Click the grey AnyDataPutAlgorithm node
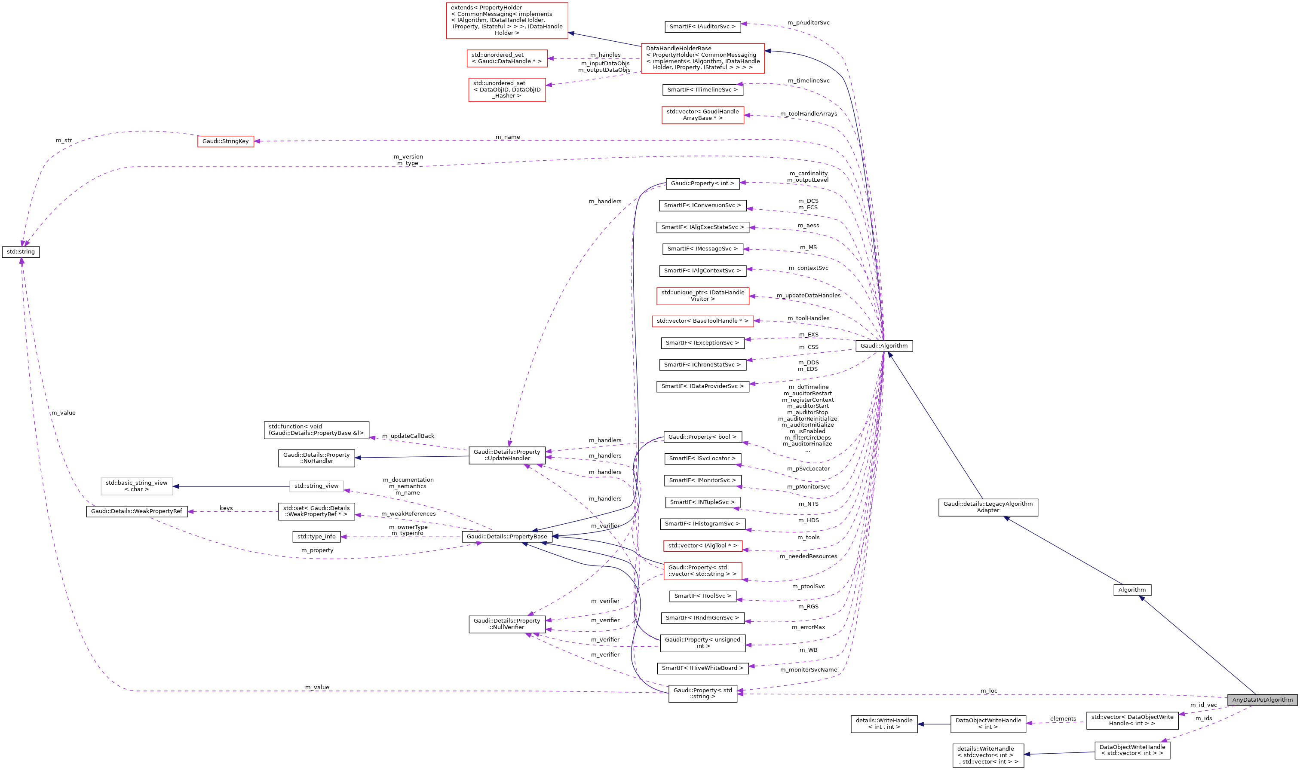tap(1262, 700)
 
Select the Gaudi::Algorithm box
tap(884, 345)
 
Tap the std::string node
tap(21, 252)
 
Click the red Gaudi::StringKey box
tap(225, 141)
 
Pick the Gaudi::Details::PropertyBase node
tap(506, 537)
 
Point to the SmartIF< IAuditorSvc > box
tap(702, 27)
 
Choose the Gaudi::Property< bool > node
tap(702, 437)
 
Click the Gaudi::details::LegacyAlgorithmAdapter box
tap(987, 507)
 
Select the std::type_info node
tap(316, 537)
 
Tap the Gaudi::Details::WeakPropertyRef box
tap(136, 511)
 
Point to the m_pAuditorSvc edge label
tap(808, 23)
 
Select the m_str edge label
tap(64, 141)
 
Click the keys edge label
tap(226, 508)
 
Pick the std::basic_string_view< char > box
tap(136, 486)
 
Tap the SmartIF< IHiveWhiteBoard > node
tap(702, 668)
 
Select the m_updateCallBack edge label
tap(408, 436)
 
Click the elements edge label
tap(1062, 718)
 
